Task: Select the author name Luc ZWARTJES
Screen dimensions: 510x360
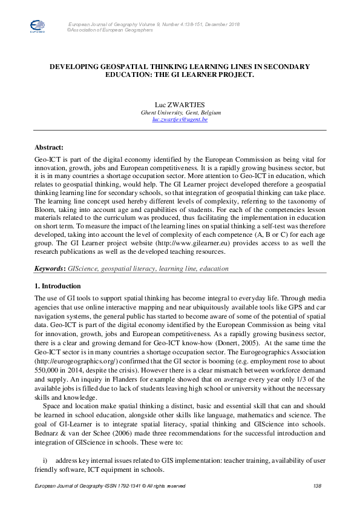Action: point(180,105)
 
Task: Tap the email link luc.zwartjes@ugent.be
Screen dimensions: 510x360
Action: point(180,120)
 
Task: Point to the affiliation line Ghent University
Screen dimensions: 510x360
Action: point(180,113)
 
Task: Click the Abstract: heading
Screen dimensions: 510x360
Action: point(49,146)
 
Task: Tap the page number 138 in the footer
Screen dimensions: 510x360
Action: point(316,486)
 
